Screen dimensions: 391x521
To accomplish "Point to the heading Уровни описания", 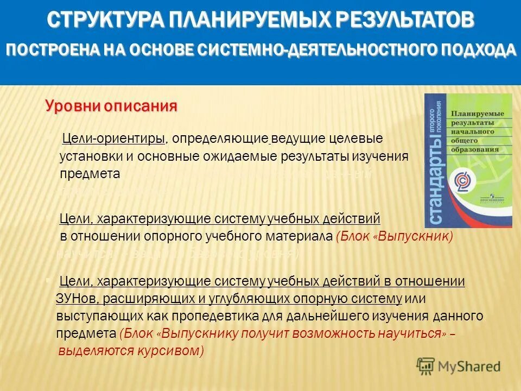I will (x=111, y=105).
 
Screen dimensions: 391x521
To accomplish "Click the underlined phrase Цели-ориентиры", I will (x=114, y=139).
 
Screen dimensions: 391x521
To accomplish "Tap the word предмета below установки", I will (x=90, y=174).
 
